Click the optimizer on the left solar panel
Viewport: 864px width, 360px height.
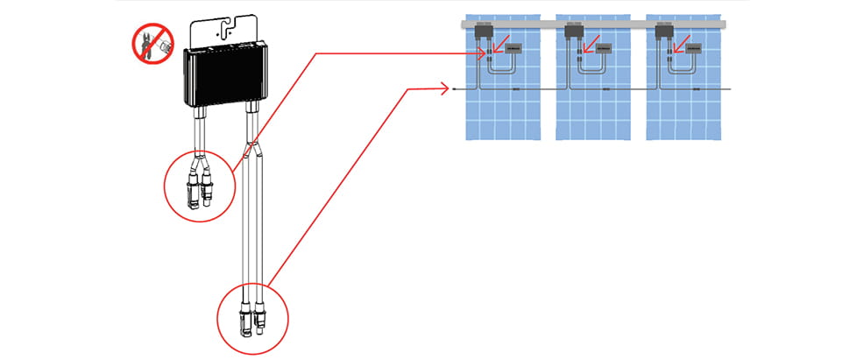coord(482,32)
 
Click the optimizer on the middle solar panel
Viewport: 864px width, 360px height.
coord(573,32)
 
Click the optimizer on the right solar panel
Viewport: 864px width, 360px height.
coord(663,32)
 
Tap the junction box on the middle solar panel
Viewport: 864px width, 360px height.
coord(604,50)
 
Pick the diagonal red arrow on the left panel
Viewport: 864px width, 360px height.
coord(499,43)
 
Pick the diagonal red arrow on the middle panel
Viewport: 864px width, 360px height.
coord(590,43)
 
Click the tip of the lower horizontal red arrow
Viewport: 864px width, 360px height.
coord(450,88)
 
